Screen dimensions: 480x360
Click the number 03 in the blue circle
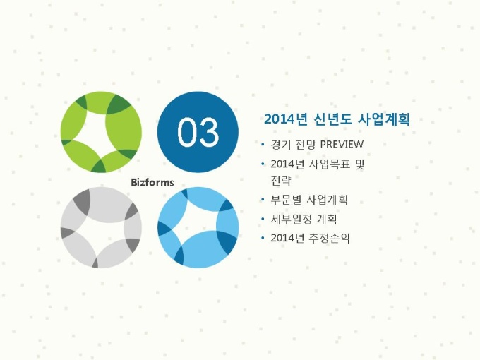pos(198,132)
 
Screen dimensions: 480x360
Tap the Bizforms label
pos(152,182)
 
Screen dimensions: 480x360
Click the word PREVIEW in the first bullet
pos(342,145)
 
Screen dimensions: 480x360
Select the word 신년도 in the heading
pos(332,119)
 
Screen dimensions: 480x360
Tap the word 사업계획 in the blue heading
pos(383,119)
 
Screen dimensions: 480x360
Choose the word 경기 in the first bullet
pos(281,145)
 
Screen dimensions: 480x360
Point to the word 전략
pos(281,180)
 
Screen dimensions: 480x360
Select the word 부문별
pos(286,200)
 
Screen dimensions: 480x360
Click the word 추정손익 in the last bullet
pos(330,238)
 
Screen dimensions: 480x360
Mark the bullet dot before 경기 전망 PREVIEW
pos(263,145)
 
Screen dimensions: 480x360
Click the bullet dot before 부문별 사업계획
pos(263,200)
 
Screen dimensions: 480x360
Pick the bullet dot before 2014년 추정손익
pos(263,238)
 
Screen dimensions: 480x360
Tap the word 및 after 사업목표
pos(360,164)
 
